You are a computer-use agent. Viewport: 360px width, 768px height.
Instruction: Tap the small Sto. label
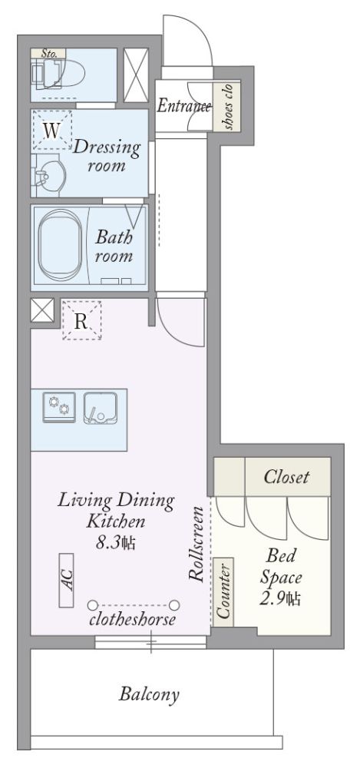coord(48,54)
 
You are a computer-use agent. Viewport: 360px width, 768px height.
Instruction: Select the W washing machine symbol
coord(52,131)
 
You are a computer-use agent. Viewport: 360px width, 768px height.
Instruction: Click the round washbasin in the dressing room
coord(51,175)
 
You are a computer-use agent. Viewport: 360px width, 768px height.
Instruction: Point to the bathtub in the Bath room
coord(60,246)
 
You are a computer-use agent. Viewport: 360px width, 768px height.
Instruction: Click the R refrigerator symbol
coord(82,321)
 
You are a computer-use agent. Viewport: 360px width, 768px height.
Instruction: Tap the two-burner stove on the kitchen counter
coord(59,407)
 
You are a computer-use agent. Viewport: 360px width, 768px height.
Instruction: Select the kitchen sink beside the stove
coord(101,408)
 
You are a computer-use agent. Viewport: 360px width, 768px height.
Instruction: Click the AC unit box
coord(66,581)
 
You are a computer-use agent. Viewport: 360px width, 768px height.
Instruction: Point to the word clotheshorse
coord(132,620)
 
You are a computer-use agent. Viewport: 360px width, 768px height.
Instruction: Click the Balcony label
coord(149,694)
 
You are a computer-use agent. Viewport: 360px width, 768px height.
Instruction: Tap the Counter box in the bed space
coord(223,591)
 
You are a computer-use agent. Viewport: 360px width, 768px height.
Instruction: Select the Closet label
coord(286,477)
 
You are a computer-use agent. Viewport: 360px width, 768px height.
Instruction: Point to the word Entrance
coord(183,106)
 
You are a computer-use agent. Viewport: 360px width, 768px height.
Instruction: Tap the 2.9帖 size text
coord(279,598)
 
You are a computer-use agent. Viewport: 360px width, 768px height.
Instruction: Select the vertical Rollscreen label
coord(197,544)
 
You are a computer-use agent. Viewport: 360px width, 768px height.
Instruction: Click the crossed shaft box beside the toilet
coord(136,75)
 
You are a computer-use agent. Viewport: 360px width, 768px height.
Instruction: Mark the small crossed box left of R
coord(42,310)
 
